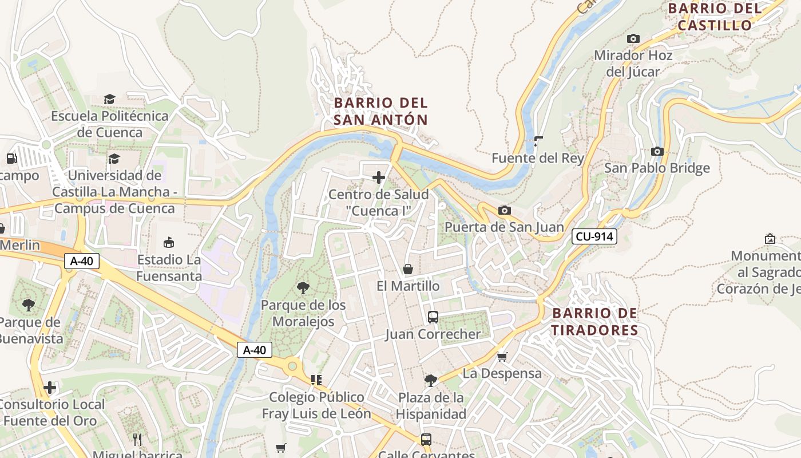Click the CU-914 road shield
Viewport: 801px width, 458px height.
(594, 236)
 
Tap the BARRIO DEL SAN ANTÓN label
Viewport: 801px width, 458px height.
(380, 111)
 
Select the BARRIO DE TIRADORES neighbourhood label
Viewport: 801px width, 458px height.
(594, 322)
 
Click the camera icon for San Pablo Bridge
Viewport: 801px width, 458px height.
(657, 152)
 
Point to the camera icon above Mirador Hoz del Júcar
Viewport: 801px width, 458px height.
(633, 39)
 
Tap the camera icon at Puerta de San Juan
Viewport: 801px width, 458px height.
(504, 211)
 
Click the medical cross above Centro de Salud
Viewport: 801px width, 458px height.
(379, 178)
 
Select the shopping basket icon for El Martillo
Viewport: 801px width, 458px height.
(408, 269)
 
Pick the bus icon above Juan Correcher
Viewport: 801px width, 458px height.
(433, 317)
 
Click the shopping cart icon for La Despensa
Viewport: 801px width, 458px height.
(502, 357)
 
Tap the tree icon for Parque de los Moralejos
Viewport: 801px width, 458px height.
(303, 288)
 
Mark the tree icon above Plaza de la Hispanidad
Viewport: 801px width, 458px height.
(431, 381)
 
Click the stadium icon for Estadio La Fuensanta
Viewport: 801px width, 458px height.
(169, 243)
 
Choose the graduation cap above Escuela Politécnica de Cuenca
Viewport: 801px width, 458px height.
(110, 100)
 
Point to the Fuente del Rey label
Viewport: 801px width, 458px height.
(538, 158)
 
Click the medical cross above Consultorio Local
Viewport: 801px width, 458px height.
(50, 388)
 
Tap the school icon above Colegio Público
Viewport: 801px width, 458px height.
(316, 380)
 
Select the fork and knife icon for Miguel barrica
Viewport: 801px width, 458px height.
(137, 440)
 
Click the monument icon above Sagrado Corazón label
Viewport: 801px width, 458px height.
(770, 239)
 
